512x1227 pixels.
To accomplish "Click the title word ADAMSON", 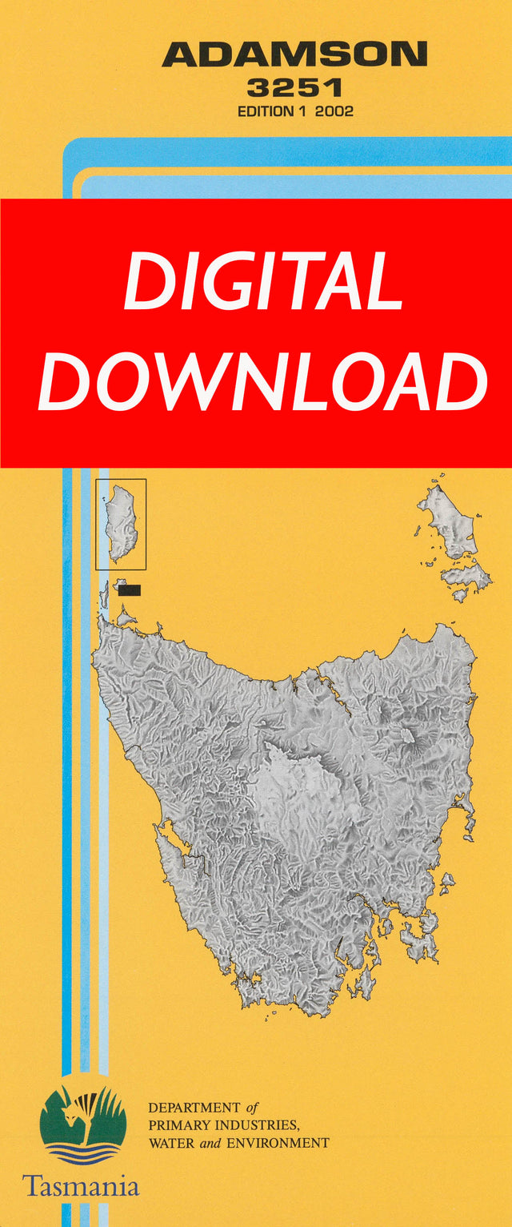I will pyautogui.click(x=294, y=55).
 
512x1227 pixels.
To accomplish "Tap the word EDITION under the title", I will pyautogui.click(x=266, y=111).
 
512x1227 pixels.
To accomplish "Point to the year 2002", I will pyautogui.click(x=334, y=111).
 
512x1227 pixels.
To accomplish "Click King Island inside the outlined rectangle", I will pyautogui.click(x=122, y=522).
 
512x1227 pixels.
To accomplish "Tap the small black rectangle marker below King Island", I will pyautogui.click(x=129, y=590).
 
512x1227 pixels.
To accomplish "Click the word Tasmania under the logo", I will pyautogui.click(x=80, y=1185).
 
